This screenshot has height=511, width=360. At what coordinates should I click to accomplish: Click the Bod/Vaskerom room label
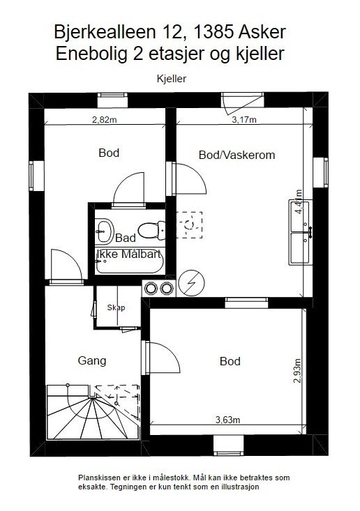click(237, 155)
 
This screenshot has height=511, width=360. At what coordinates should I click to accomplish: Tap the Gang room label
click(91, 360)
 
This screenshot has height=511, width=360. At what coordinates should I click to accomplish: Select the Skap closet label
click(115, 307)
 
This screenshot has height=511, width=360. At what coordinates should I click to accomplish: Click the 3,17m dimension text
click(244, 119)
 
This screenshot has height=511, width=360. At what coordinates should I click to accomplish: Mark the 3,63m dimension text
click(227, 419)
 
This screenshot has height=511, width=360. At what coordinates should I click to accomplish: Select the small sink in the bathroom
click(105, 227)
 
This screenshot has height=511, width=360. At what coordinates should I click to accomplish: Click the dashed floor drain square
click(188, 224)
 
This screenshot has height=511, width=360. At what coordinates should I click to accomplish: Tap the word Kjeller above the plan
click(171, 79)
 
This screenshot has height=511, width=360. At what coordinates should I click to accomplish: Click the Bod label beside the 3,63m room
click(230, 361)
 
